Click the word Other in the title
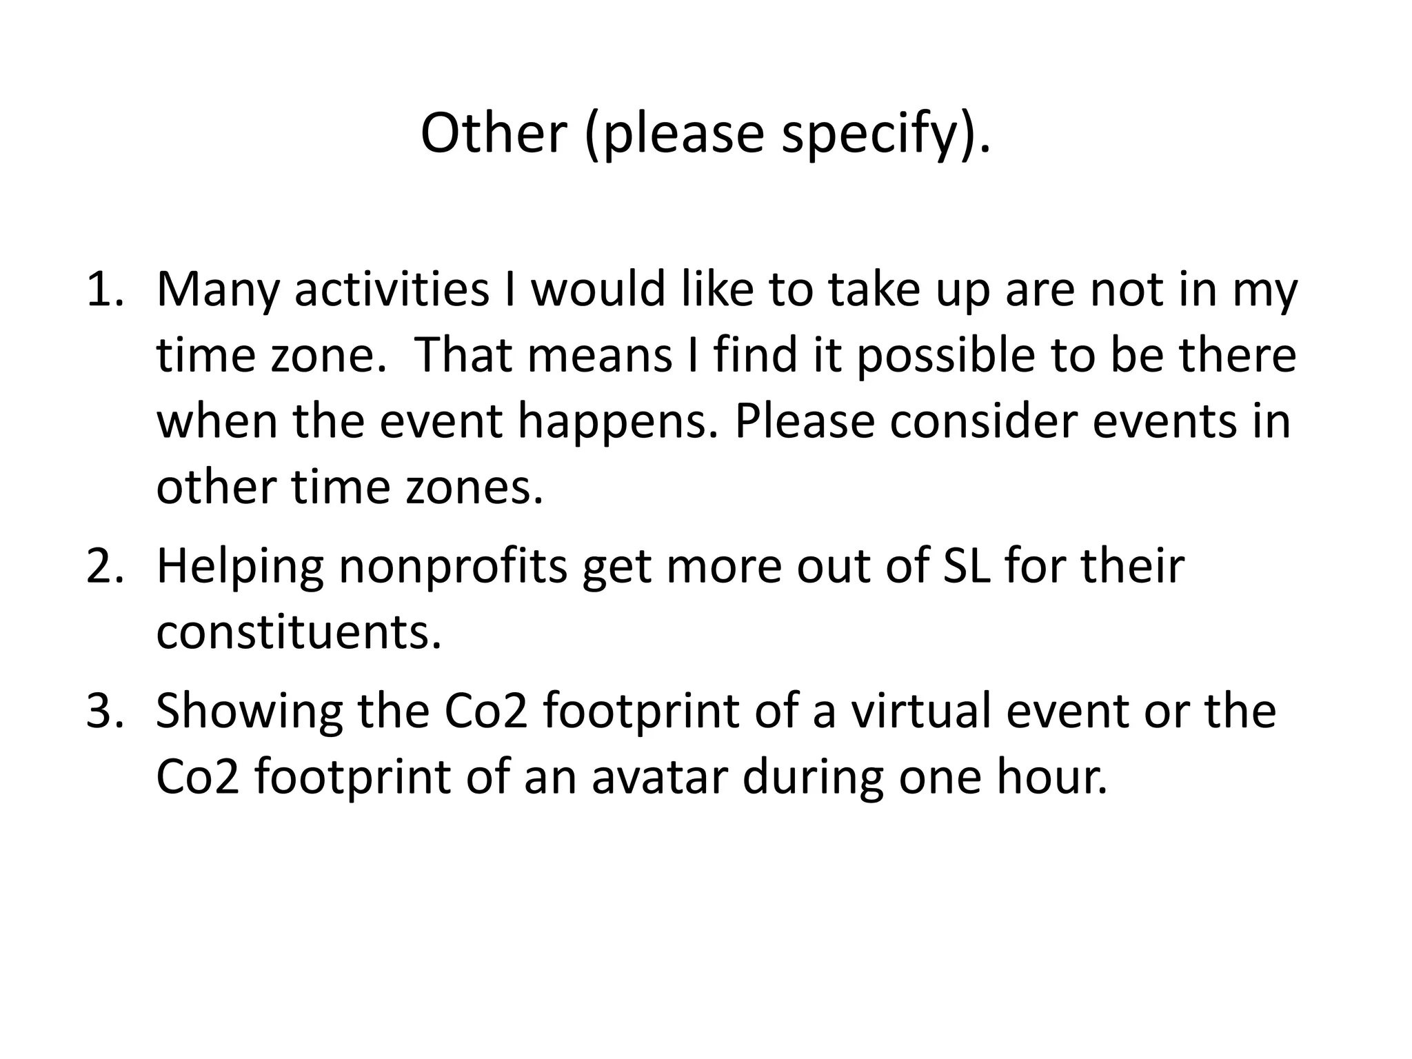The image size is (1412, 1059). pos(493,132)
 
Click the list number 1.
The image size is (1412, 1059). pos(103,290)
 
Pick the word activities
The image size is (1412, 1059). pos(392,290)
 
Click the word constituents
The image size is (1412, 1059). pos(299,632)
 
